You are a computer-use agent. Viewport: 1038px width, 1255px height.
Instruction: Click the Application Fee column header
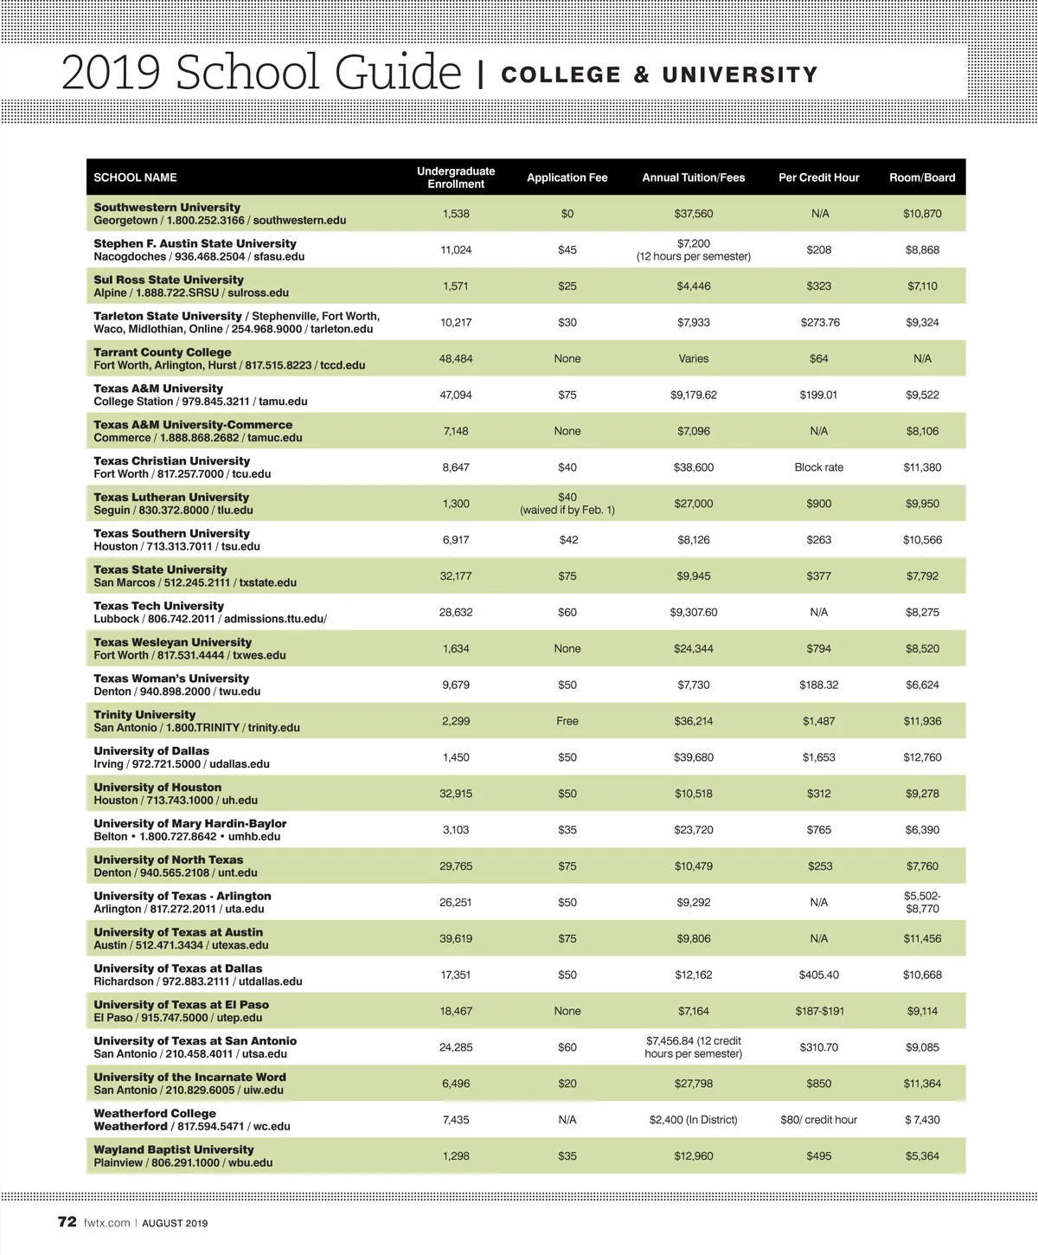pos(567,177)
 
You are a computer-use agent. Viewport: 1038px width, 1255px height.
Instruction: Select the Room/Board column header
pos(922,177)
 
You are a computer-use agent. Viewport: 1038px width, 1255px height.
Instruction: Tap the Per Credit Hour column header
pos(818,177)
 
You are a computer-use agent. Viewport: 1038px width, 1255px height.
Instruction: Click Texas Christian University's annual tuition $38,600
pos(693,467)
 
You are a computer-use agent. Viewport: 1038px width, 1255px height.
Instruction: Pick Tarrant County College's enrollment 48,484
pos(456,358)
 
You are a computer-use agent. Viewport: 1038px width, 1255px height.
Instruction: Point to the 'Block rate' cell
pos(818,467)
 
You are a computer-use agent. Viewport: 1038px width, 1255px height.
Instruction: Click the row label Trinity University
pos(144,715)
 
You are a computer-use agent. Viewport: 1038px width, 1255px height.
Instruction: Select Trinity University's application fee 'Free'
pos(567,721)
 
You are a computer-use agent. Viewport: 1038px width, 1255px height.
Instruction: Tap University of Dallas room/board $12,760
pos(922,757)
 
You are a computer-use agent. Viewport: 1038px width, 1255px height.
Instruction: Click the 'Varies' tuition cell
pos(693,358)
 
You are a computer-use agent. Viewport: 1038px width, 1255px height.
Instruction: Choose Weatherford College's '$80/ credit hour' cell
pos(818,1120)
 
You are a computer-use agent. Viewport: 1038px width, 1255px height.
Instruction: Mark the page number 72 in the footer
pos(67,1222)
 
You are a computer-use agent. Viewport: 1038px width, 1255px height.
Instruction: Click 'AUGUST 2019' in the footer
pos(175,1223)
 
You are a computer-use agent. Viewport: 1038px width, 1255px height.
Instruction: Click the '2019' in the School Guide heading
pos(111,73)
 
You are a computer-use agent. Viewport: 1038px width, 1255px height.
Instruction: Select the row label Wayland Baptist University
pos(174,1149)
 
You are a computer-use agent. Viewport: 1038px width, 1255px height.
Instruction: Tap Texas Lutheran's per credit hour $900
pos(818,504)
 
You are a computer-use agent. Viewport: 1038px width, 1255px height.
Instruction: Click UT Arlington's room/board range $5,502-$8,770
pos(922,902)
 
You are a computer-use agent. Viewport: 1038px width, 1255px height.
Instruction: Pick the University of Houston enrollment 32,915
pos(456,794)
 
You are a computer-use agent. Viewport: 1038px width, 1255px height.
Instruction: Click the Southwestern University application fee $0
pos(567,214)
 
